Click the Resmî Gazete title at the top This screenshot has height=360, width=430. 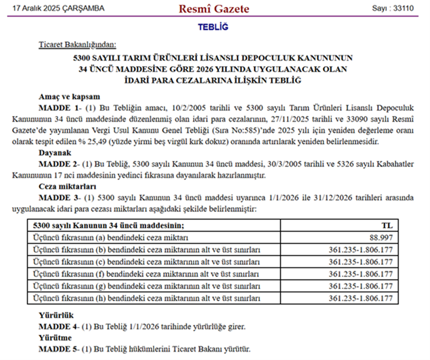[214, 9]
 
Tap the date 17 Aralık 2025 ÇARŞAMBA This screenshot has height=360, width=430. [58, 9]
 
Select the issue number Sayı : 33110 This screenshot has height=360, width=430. [393, 9]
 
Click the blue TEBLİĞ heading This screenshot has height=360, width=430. [213, 27]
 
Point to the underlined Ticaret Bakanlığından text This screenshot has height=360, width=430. [78, 44]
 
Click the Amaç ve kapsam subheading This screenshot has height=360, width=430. [69, 97]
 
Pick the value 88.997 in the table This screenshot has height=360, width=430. [381, 238]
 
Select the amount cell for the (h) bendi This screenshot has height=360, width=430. [361, 298]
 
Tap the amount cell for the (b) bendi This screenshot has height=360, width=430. [361, 250]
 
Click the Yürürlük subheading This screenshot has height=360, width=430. [56, 315]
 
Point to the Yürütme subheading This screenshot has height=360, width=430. [55, 338]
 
